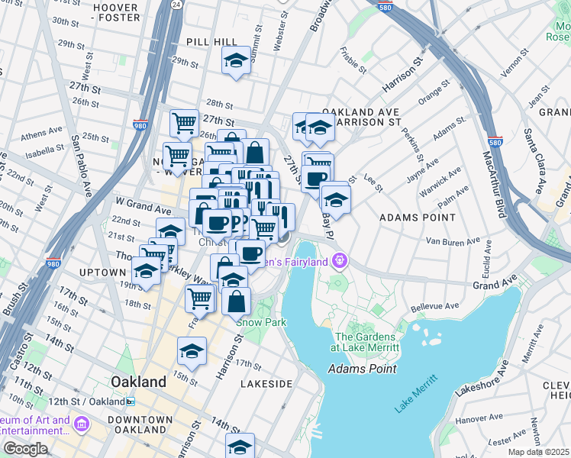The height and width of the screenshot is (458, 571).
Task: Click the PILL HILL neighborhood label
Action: pyautogui.click(x=208, y=42)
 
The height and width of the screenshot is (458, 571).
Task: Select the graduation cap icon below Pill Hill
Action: pyautogui.click(x=237, y=60)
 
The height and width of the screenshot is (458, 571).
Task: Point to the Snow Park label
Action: pyautogui.click(x=260, y=322)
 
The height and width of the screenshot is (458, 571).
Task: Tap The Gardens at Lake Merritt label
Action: pyautogui.click(x=366, y=342)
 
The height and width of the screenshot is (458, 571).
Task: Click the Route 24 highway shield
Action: pyautogui.click(x=176, y=5)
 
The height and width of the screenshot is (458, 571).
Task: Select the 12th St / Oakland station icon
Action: pyautogui.click(x=131, y=401)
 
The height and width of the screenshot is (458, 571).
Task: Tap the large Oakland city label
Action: pyautogui.click(x=138, y=381)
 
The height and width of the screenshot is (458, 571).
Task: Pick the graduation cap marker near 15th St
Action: pyautogui.click(x=192, y=352)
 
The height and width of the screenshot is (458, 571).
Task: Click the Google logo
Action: pyautogui.click(x=26, y=449)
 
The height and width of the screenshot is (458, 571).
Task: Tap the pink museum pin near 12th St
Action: pyautogui.click(x=82, y=422)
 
